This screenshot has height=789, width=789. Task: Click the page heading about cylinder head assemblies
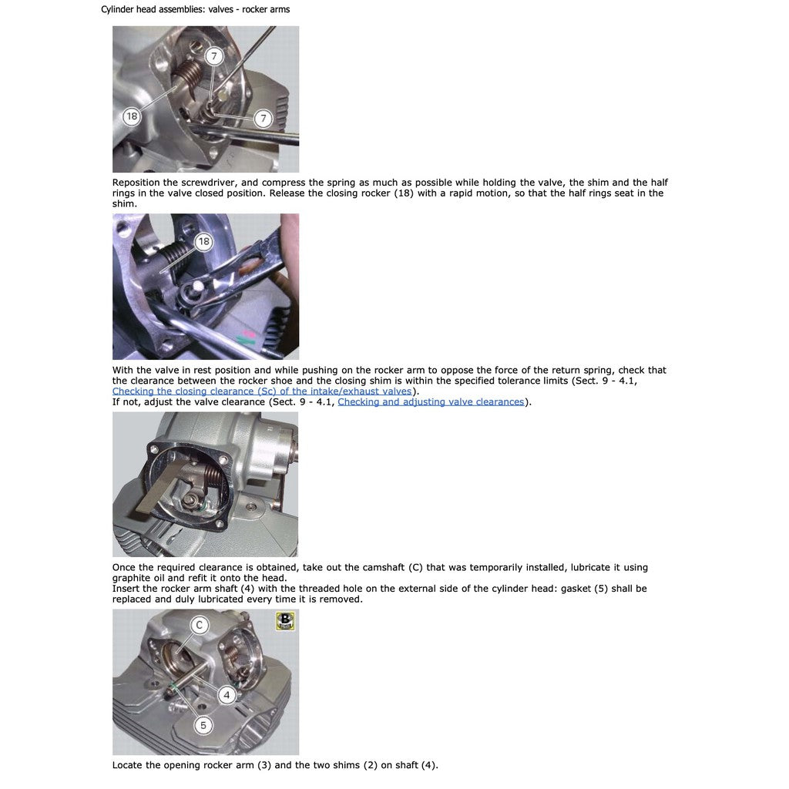(x=195, y=9)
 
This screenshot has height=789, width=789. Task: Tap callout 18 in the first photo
(x=131, y=116)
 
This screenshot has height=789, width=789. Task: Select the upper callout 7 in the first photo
(x=214, y=55)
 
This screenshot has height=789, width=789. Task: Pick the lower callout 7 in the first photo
(x=263, y=119)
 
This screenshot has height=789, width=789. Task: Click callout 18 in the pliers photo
(x=203, y=241)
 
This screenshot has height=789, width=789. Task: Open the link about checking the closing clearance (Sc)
(x=262, y=391)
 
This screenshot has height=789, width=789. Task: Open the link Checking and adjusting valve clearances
(x=431, y=401)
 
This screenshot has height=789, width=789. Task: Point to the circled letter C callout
(x=200, y=625)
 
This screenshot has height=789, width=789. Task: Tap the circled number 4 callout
(x=227, y=695)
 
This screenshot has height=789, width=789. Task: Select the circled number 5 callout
(x=203, y=725)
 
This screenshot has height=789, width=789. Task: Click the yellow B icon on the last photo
(x=285, y=620)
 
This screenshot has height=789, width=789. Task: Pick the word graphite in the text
(x=133, y=578)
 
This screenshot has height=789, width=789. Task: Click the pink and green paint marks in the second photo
(x=247, y=337)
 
